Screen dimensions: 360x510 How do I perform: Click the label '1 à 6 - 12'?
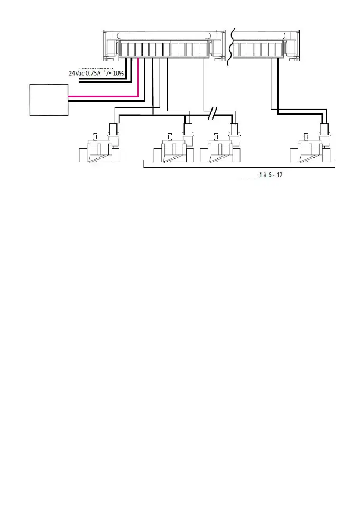(270, 175)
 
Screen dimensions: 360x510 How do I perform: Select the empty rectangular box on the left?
(49, 99)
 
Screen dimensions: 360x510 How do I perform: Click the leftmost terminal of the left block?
(124, 50)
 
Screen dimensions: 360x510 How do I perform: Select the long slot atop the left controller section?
(165, 37)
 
